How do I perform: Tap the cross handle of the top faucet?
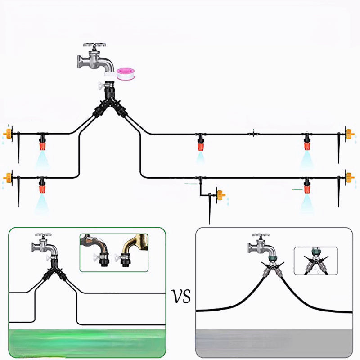click(94, 45)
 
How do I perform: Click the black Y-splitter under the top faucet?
click(110, 100)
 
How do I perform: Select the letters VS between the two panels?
click(181, 296)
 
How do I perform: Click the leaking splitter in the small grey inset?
click(316, 262)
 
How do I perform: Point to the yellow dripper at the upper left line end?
click(8, 133)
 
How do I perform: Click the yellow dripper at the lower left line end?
click(8, 177)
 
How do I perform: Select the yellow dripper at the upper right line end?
click(350, 134)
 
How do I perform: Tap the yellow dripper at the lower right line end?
click(350, 177)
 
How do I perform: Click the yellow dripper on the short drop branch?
click(221, 195)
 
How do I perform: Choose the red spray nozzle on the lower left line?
click(42, 186)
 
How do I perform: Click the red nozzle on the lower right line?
click(307, 186)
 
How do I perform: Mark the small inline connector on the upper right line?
click(253, 133)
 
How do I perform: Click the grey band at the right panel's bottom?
click(274, 343)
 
